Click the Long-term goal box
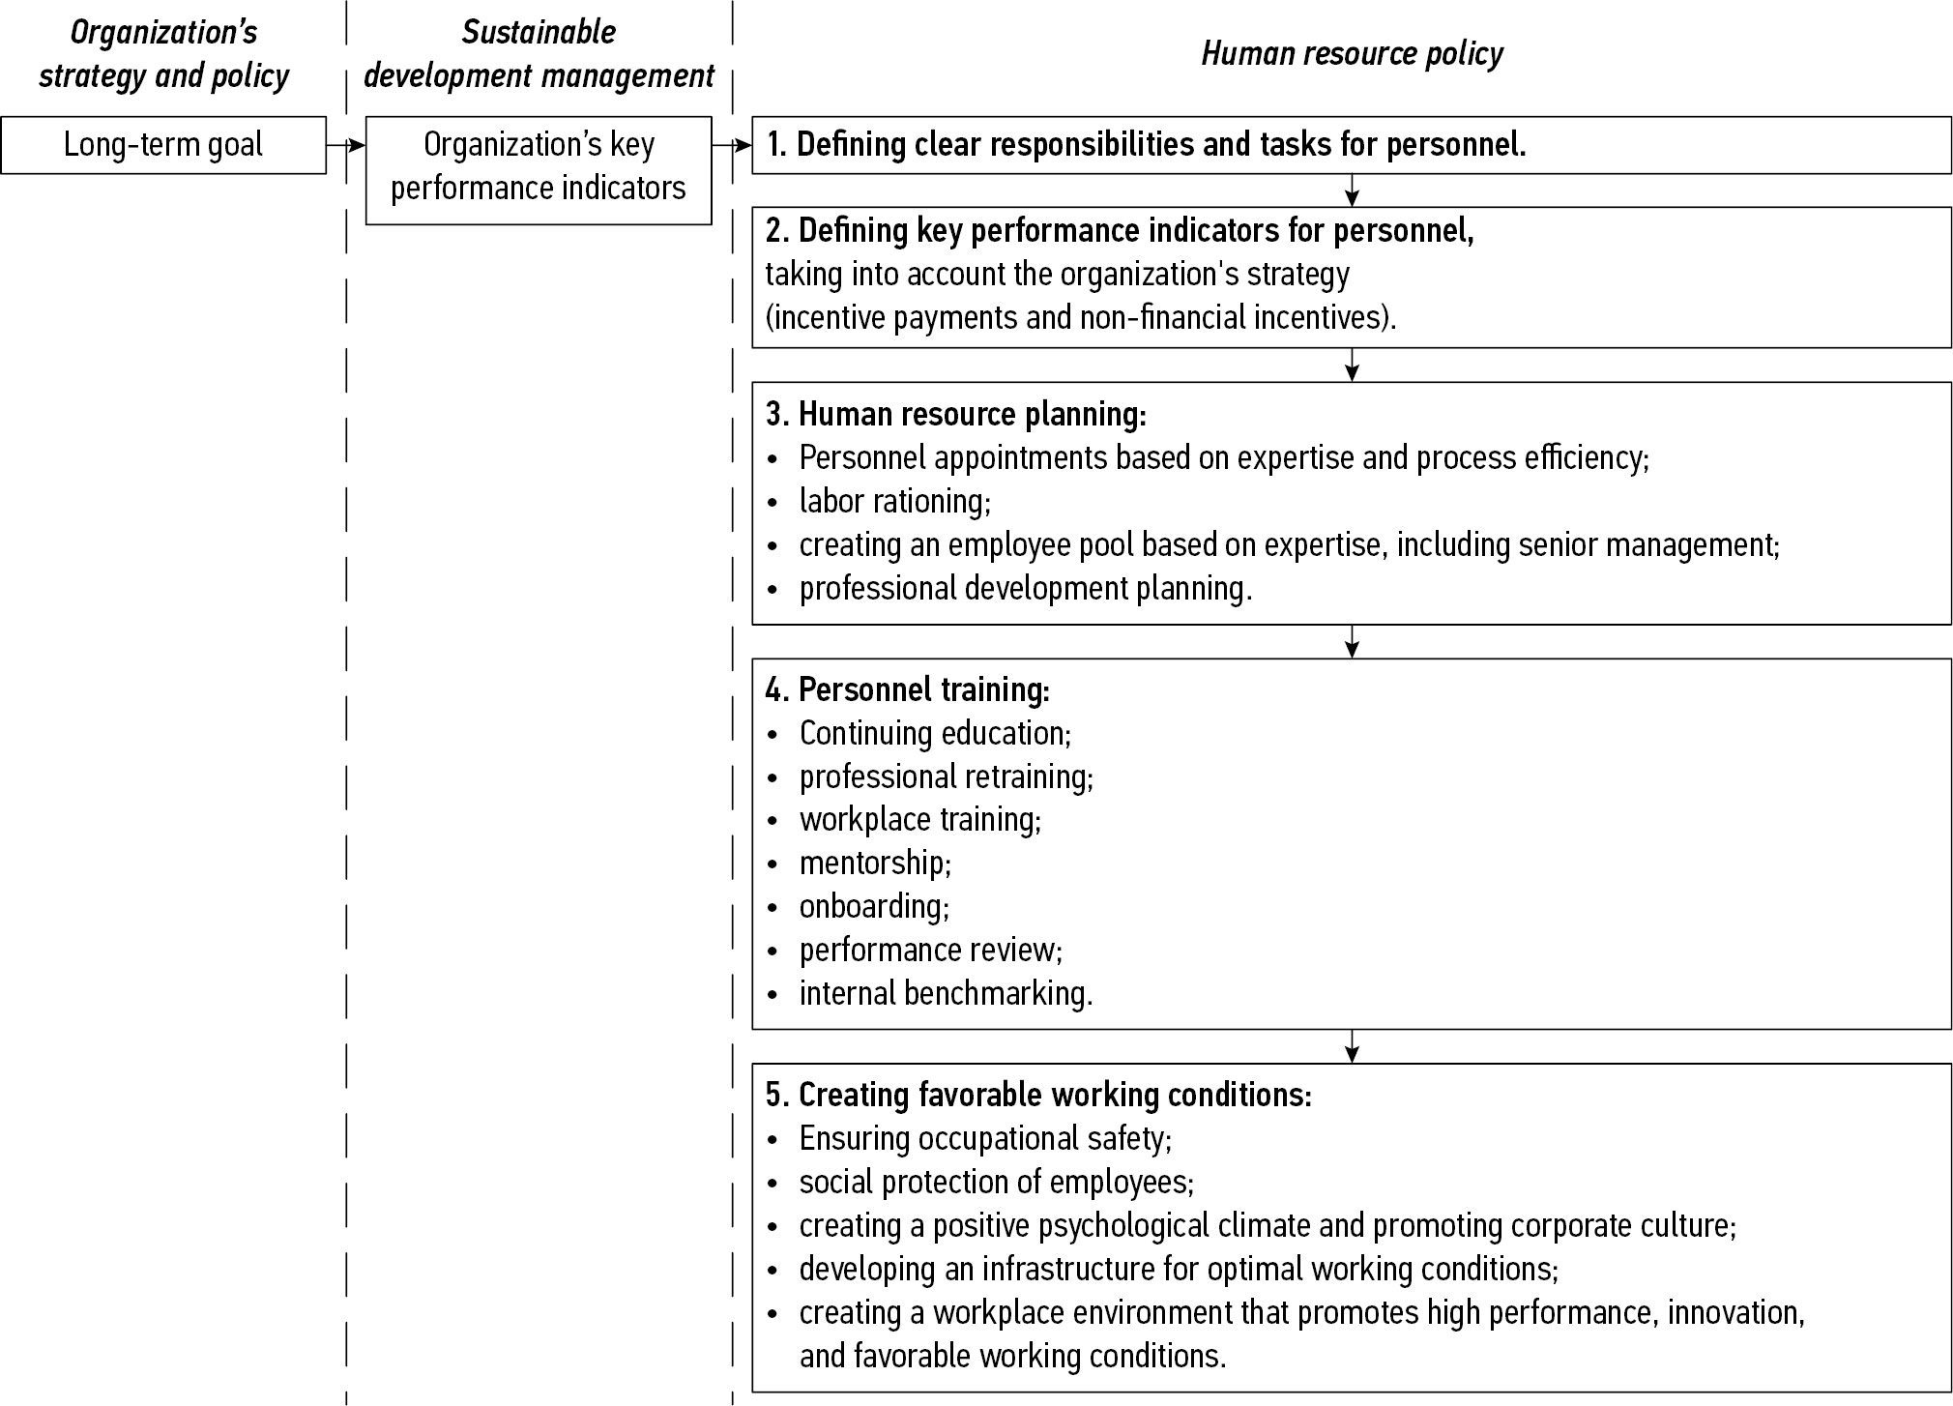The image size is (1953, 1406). tap(163, 145)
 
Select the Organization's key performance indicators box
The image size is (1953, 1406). tap(539, 170)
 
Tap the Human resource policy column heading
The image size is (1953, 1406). tap(1352, 54)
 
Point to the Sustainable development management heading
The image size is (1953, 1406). tap(539, 54)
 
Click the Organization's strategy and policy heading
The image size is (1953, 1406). tap(163, 54)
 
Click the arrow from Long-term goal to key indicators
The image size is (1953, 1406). tap(346, 145)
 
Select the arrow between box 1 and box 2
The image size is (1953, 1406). tap(1352, 190)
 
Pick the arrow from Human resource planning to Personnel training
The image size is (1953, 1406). tap(1352, 641)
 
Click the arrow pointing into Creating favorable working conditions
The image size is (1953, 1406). tap(1352, 1046)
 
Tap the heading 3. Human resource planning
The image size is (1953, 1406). tap(955, 414)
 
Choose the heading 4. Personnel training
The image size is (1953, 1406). tap(907, 689)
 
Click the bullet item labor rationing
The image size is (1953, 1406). tap(894, 501)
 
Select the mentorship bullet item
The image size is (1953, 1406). tap(875, 863)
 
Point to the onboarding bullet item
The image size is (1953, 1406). tap(874, 906)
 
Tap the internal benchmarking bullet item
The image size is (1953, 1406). tap(946, 993)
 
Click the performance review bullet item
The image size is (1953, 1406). tap(930, 950)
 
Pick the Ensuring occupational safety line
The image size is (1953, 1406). tap(984, 1138)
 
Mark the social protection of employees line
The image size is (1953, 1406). tap(996, 1182)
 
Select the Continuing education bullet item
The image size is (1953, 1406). tap(935, 733)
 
